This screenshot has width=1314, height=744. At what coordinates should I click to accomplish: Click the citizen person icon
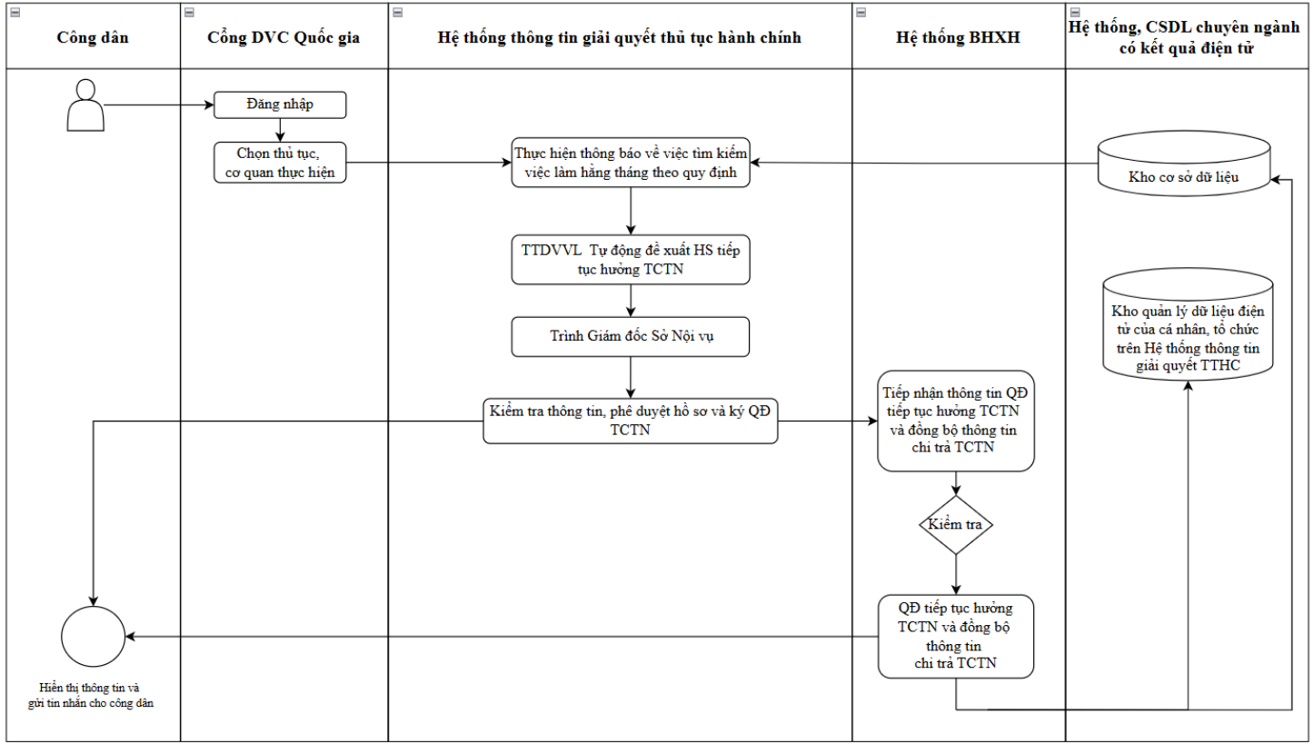tap(85, 105)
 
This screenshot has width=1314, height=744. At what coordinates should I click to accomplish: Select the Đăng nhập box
tap(280, 105)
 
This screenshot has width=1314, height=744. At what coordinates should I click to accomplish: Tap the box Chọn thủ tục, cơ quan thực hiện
tap(280, 163)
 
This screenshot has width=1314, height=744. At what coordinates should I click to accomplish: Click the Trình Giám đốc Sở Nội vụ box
tap(630, 336)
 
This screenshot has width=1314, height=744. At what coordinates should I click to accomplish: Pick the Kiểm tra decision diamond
tap(956, 525)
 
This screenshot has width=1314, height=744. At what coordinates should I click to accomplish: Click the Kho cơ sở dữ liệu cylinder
tap(1184, 164)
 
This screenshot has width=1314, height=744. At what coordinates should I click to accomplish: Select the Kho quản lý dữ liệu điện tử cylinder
tap(1188, 325)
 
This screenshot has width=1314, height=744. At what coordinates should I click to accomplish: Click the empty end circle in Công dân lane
tap(94, 636)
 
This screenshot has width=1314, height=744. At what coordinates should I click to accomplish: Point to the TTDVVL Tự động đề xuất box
tap(630, 260)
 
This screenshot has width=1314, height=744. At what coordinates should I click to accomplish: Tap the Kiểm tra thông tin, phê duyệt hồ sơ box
tap(630, 421)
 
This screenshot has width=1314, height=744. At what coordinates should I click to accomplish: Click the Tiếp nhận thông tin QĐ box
tap(956, 421)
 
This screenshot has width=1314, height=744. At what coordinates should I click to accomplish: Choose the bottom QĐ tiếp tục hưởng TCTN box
tap(956, 636)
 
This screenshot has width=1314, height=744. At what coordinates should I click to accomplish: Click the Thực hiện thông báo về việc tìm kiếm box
tap(630, 163)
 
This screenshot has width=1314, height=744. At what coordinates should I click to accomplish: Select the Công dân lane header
tap(93, 37)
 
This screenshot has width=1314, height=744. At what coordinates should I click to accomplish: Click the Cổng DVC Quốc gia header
tap(284, 37)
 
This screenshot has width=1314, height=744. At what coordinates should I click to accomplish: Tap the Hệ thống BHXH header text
tap(958, 37)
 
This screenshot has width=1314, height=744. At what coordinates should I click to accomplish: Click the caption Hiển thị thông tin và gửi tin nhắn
tap(90, 695)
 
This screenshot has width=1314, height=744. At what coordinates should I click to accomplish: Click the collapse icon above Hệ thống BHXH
tap(861, 13)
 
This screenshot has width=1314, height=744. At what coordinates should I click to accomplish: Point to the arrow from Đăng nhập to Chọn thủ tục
tap(280, 130)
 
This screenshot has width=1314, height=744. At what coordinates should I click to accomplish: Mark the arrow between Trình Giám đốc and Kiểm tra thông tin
tap(631, 378)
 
